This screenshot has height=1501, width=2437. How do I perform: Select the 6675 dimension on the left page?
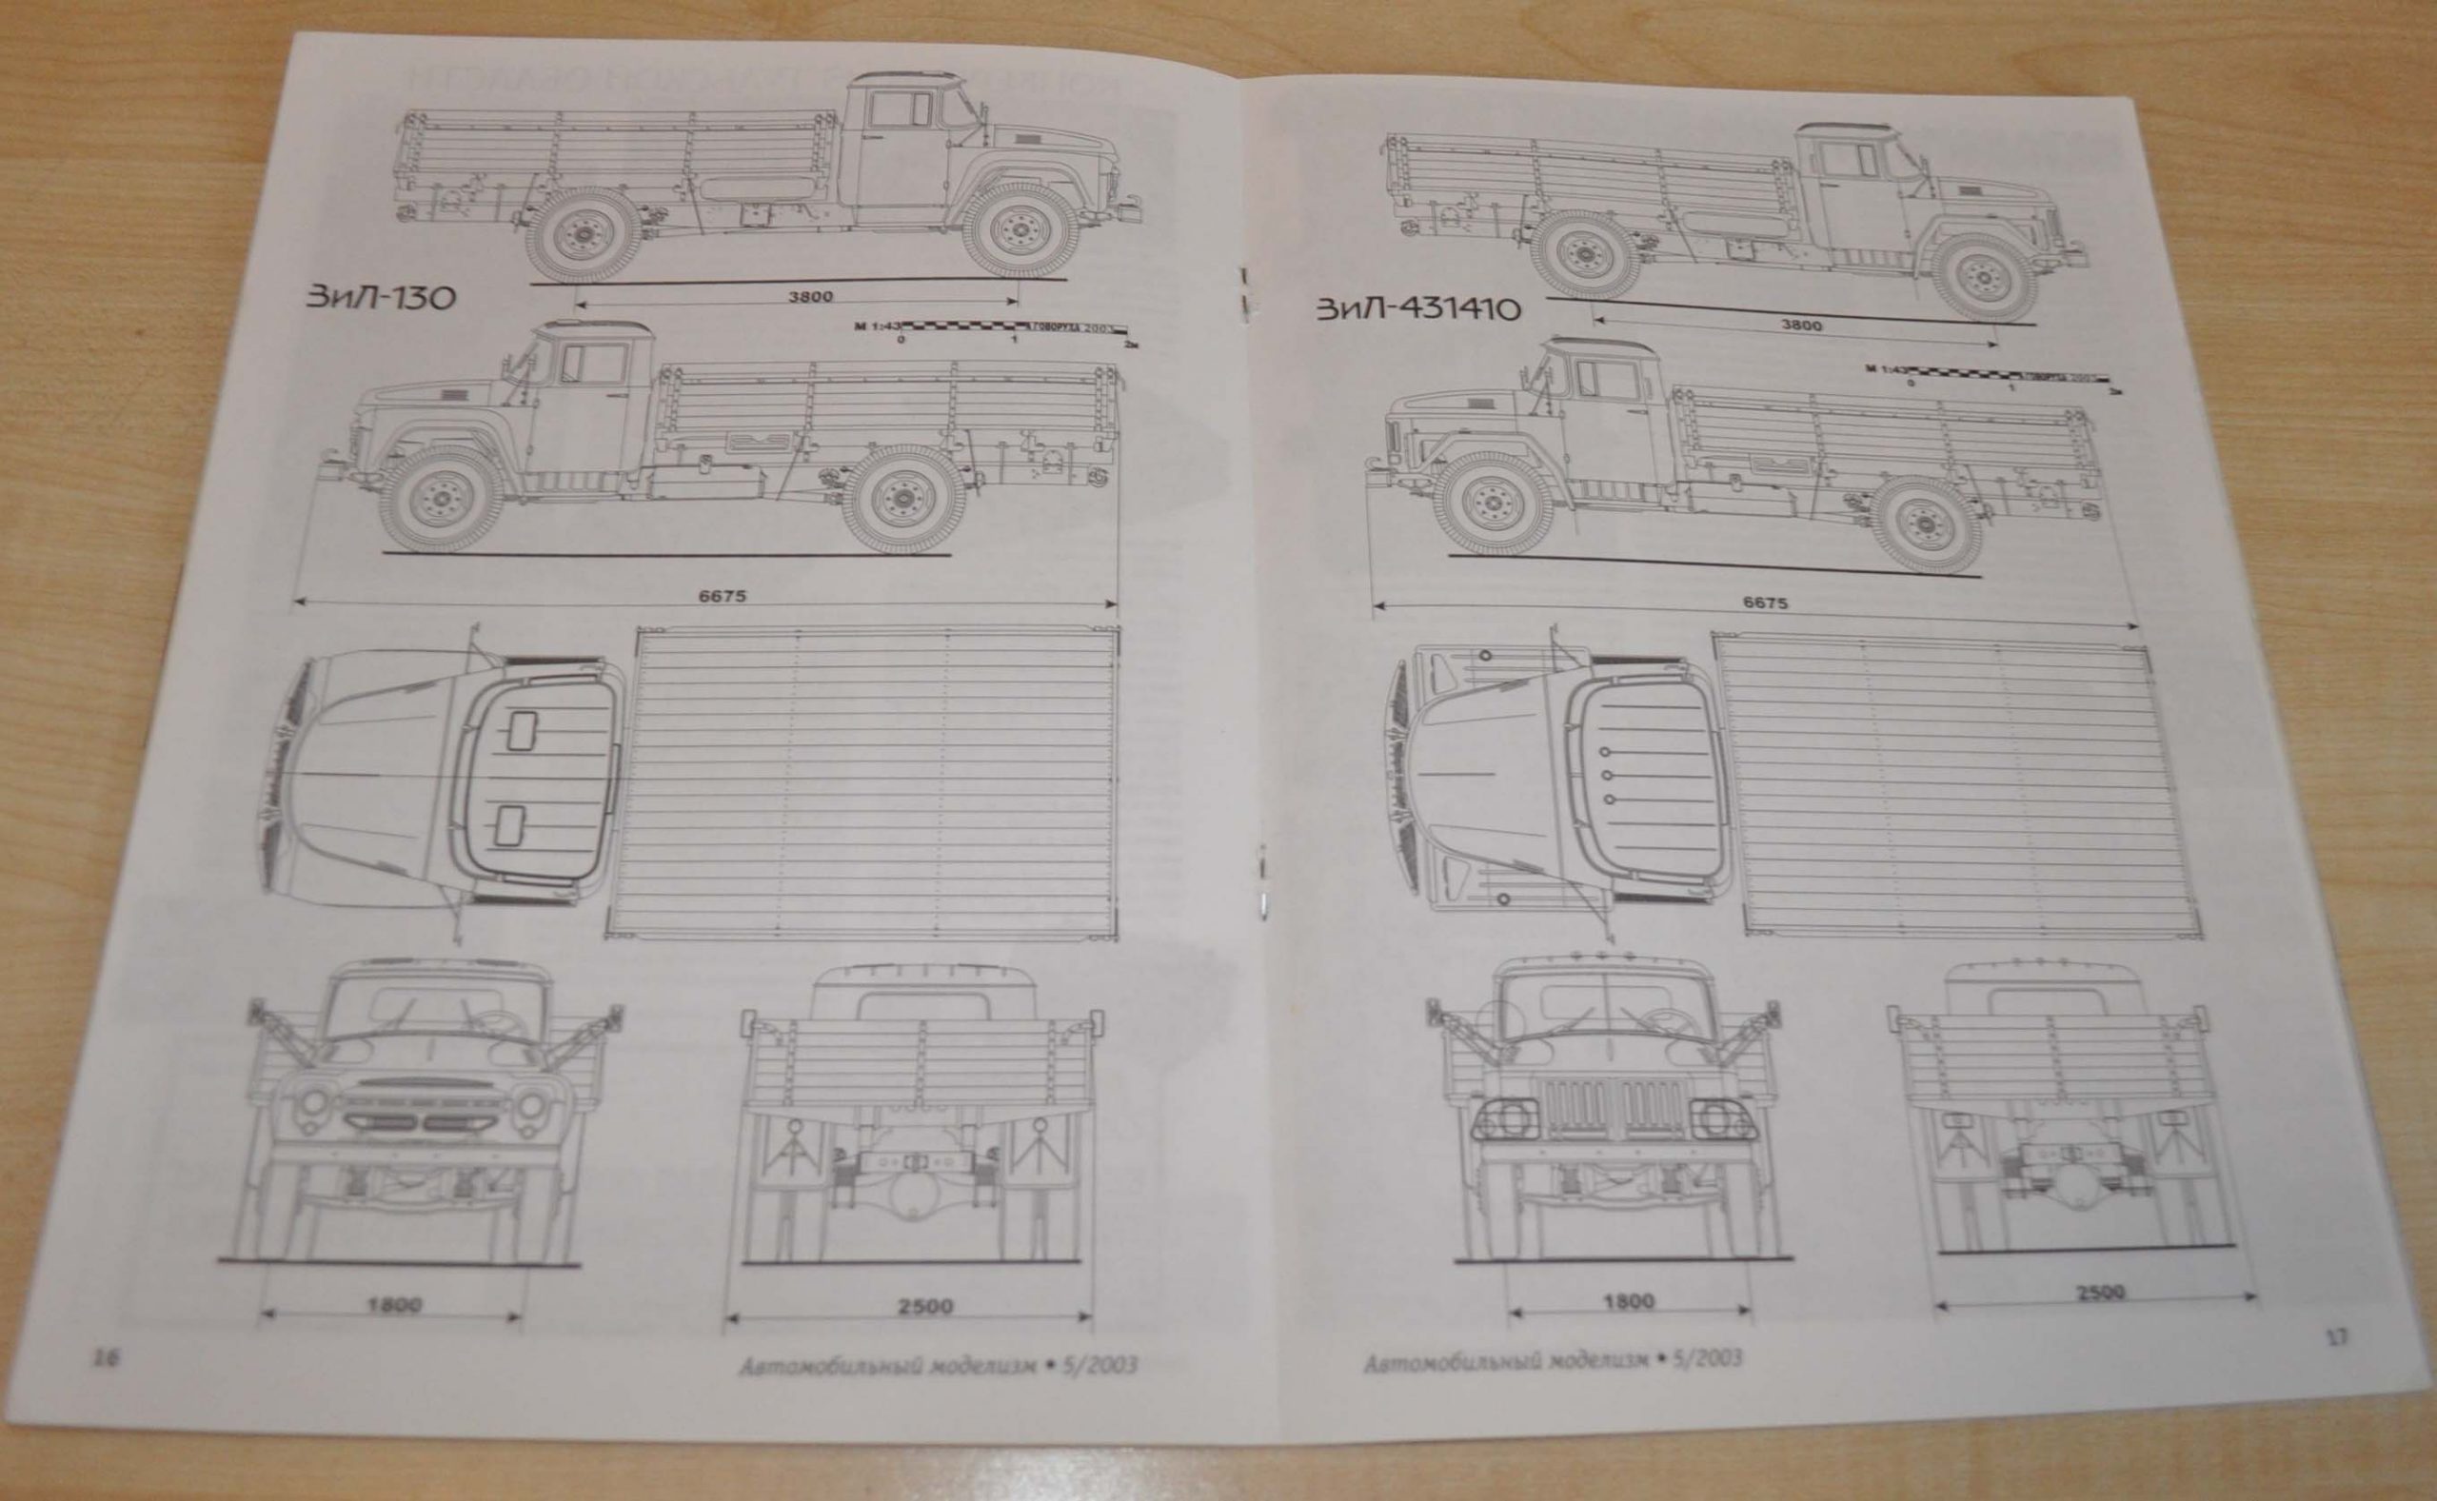point(723,597)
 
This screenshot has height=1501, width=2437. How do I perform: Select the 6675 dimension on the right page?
point(1763,602)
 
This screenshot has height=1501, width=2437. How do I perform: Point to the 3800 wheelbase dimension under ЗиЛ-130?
point(810,296)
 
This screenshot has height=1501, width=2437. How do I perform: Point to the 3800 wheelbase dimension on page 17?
point(1801,324)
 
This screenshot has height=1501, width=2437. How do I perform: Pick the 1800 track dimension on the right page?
point(1629,1301)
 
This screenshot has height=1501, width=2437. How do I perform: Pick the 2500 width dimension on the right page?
point(2102,1292)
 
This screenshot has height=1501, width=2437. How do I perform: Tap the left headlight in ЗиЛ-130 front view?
point(315,1103)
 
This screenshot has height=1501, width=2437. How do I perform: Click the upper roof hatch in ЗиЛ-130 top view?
point(518,732)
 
